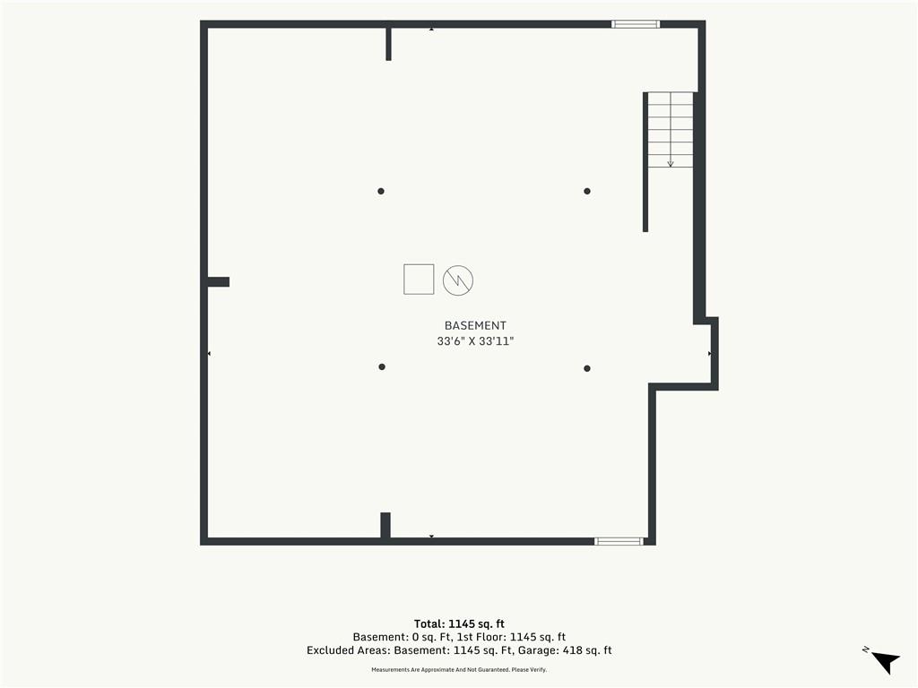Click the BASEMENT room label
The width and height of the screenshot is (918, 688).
[475, 326]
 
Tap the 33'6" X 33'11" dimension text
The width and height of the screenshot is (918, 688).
[475, 341]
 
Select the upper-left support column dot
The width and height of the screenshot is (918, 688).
[380, 192]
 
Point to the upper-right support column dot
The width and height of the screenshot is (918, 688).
[586, 192]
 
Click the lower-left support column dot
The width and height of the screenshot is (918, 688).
[382, 366]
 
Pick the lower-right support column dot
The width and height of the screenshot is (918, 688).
[586, 368]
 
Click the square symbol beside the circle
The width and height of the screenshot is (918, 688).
[419, 279]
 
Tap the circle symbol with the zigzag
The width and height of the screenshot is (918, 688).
[458, 280]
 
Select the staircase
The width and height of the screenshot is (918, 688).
[671, 130]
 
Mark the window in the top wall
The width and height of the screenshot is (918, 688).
[636, 24]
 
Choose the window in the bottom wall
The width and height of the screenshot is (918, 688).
[619, 541]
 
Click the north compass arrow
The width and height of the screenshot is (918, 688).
[885, 661]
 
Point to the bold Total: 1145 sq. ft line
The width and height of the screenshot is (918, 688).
[459, 623]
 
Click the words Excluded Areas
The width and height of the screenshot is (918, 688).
[348, 650]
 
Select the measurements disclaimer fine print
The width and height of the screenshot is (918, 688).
[459, 669]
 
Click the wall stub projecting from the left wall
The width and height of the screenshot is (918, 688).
[219, 282]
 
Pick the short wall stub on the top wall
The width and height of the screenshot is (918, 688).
[388, 44]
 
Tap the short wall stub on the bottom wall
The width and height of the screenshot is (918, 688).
[385, 525]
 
